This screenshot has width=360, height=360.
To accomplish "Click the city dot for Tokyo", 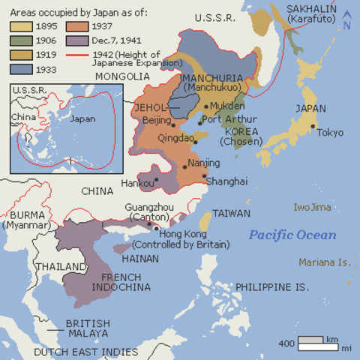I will pos(313,126).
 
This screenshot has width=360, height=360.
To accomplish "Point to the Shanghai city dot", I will pos(205,176).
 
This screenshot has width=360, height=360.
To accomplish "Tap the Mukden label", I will pos(227,106).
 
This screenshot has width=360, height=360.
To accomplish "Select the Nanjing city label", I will pos(204,163).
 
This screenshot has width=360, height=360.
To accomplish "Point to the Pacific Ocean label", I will pos(292,235).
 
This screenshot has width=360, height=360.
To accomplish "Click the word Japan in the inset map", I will pos(82,118).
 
